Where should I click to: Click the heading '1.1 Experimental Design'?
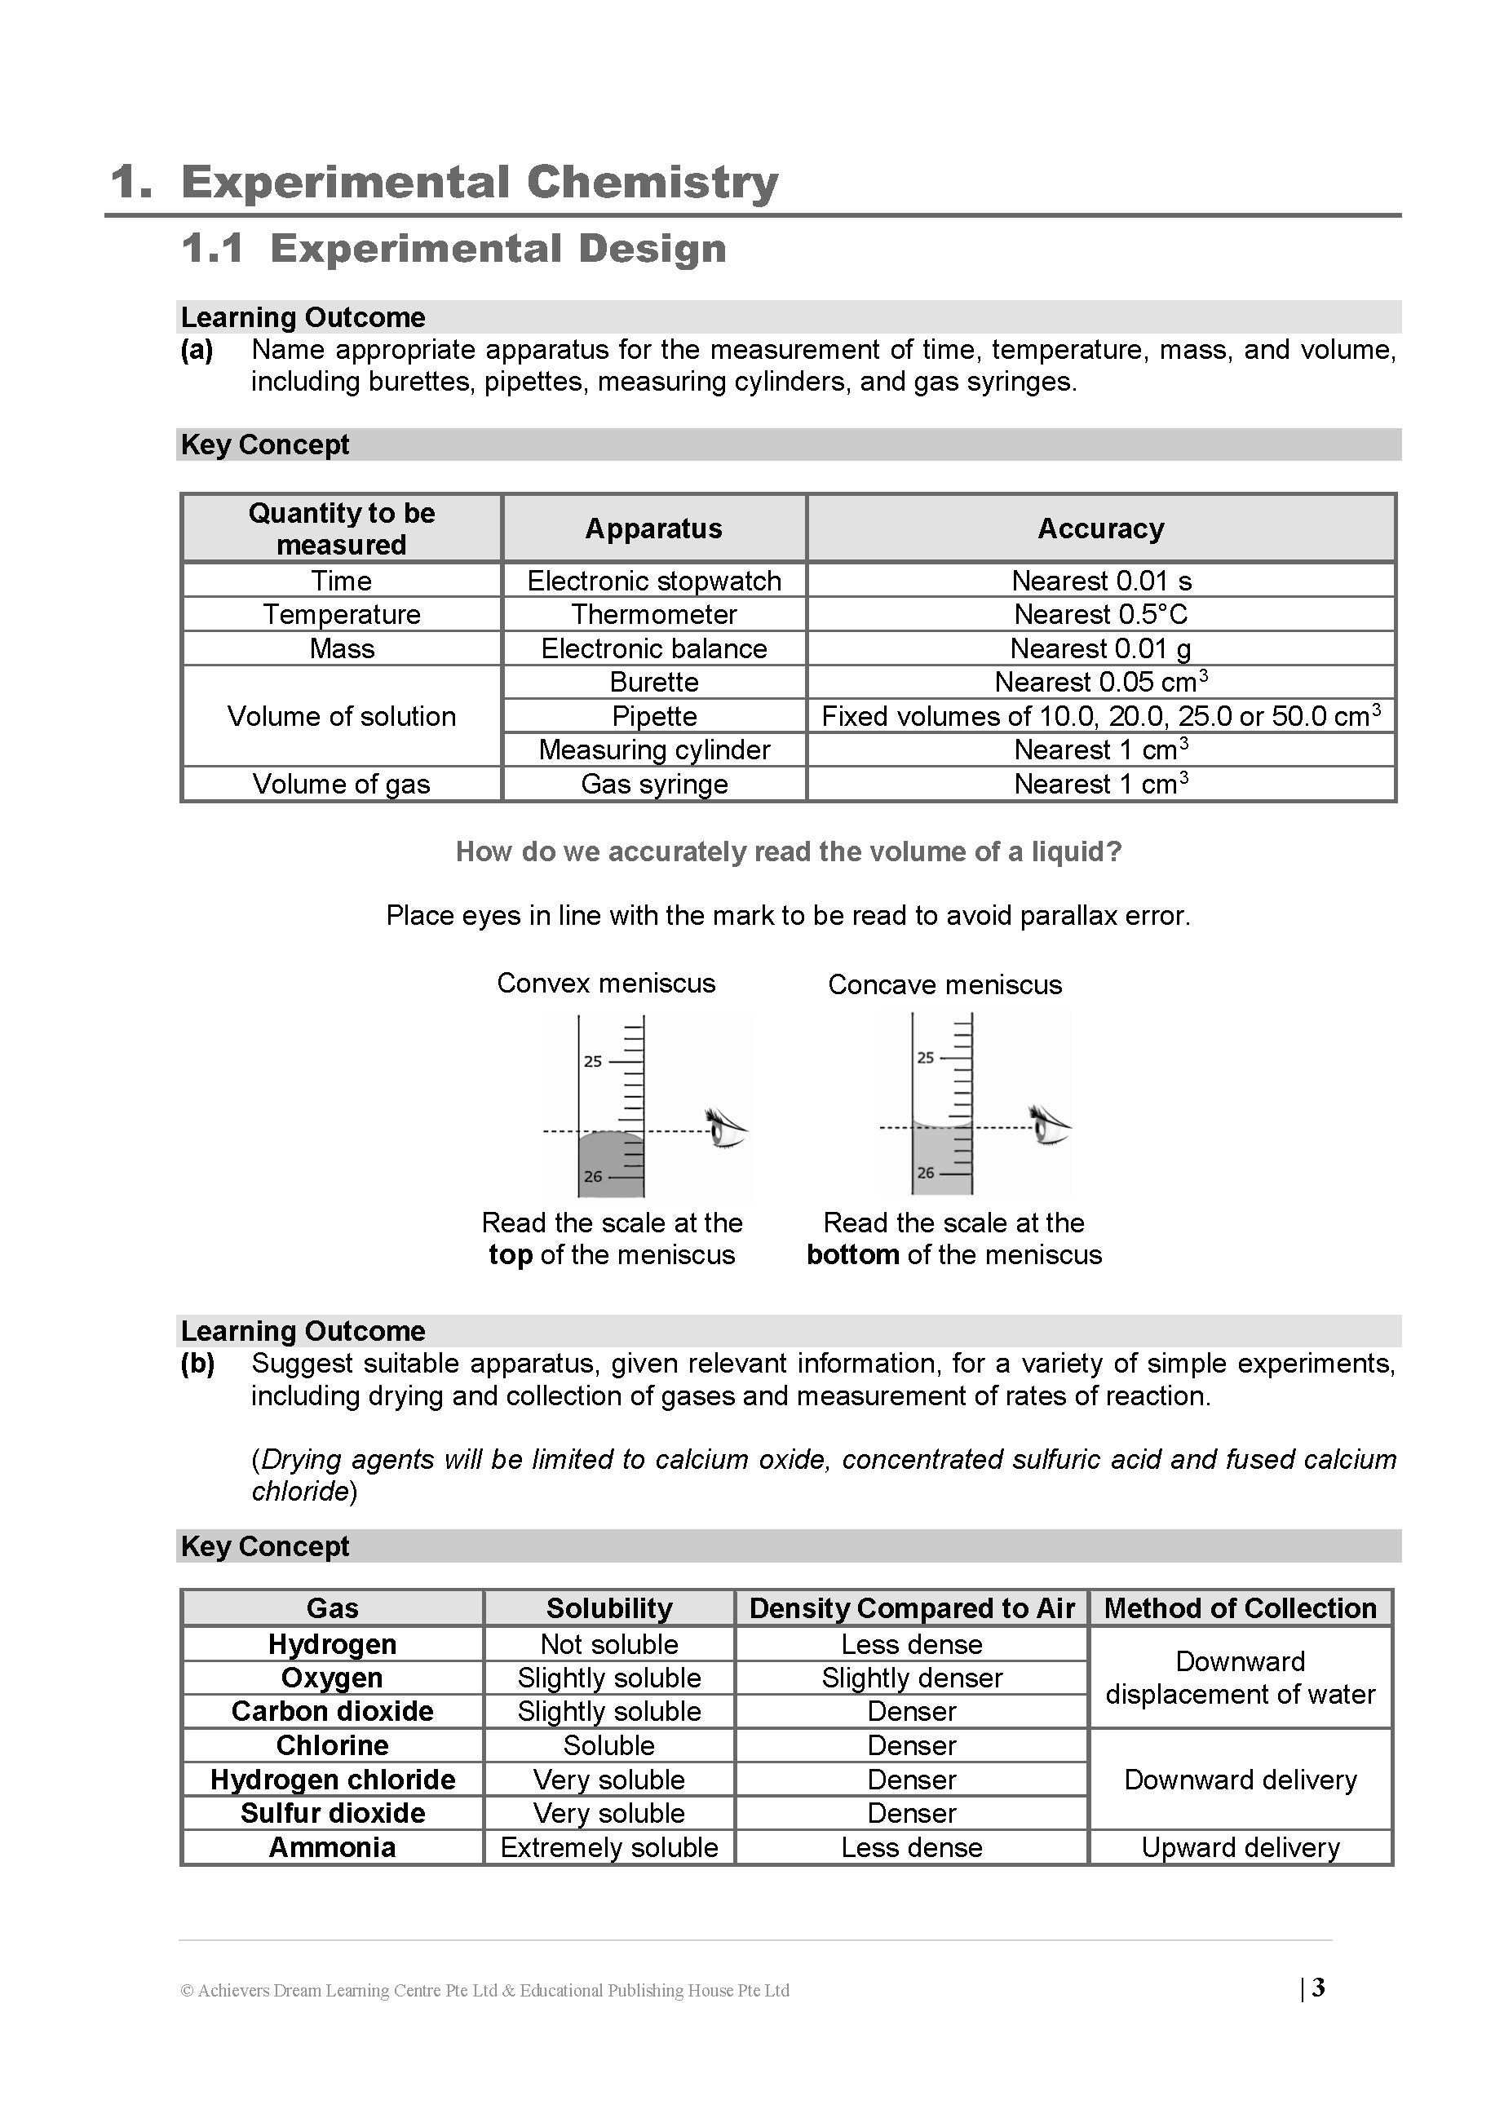click(x=453, y=248)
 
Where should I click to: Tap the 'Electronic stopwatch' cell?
click(x=653, y=581)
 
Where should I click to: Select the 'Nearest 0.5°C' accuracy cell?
click(x=1100, y=614)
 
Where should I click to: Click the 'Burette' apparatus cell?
click(x=653, y=682)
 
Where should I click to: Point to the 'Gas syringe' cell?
click(x=653, y=784)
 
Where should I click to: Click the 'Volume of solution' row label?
click(x=341, y=716)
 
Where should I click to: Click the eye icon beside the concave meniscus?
click(x=1050, y=1125)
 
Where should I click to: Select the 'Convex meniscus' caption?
click(x=606, y=983)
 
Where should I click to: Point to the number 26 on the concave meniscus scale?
click(x=925, y=1173)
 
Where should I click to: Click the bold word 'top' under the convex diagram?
click(x=510, y=1255)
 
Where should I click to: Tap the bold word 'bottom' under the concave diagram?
click(x=852, y=1255)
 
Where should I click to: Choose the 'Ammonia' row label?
click(x=332, y=1847)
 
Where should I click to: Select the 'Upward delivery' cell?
click(x=1240, y=1847)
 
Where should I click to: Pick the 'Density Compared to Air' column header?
click(x=911, y=1608)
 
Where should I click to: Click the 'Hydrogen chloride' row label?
click(x=332, y=1780)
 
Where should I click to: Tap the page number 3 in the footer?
click(x=1318, y=1988)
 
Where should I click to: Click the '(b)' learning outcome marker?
click(x=197, y=1363)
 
